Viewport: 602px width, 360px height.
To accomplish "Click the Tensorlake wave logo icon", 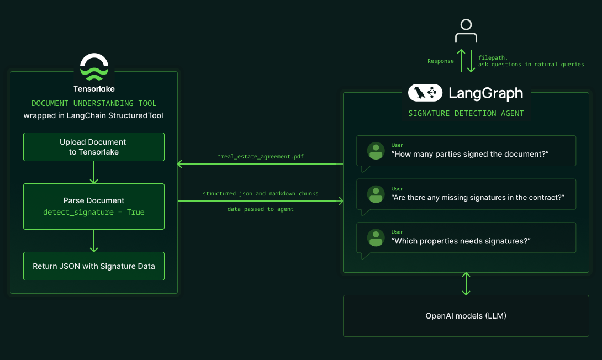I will point(94,67).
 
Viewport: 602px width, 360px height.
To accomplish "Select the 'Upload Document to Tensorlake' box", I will point(94,147).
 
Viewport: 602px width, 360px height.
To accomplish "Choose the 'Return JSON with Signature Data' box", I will point(94,266).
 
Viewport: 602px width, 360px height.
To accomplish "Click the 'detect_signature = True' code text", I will point(94,212).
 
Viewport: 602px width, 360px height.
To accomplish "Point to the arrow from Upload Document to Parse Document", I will point(94,172).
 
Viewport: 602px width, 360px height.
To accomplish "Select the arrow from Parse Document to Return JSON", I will point(94,241).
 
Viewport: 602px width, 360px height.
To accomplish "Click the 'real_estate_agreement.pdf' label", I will point(261,157).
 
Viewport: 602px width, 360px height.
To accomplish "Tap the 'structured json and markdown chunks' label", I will point(260,194).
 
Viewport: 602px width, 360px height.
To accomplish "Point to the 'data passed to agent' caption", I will point(260,209).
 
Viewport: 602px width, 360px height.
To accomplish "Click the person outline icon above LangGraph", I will point(466,31).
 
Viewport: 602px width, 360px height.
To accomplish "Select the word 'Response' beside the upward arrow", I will point(440,61).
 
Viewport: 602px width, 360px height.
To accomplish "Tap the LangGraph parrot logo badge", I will point(425,93).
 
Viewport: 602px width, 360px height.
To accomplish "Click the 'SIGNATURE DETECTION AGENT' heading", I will point(466,114).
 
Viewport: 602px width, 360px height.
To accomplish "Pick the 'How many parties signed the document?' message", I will point(469,154).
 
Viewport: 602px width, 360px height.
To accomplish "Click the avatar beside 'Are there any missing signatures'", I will point(376,194).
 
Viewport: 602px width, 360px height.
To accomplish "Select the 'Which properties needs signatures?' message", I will point(460,241).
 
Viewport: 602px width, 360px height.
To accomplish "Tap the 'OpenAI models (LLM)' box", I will point(466,316).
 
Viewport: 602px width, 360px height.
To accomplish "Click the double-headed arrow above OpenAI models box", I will point(466,284).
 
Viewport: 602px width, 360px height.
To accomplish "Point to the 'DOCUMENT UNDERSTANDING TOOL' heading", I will point(94,103).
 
